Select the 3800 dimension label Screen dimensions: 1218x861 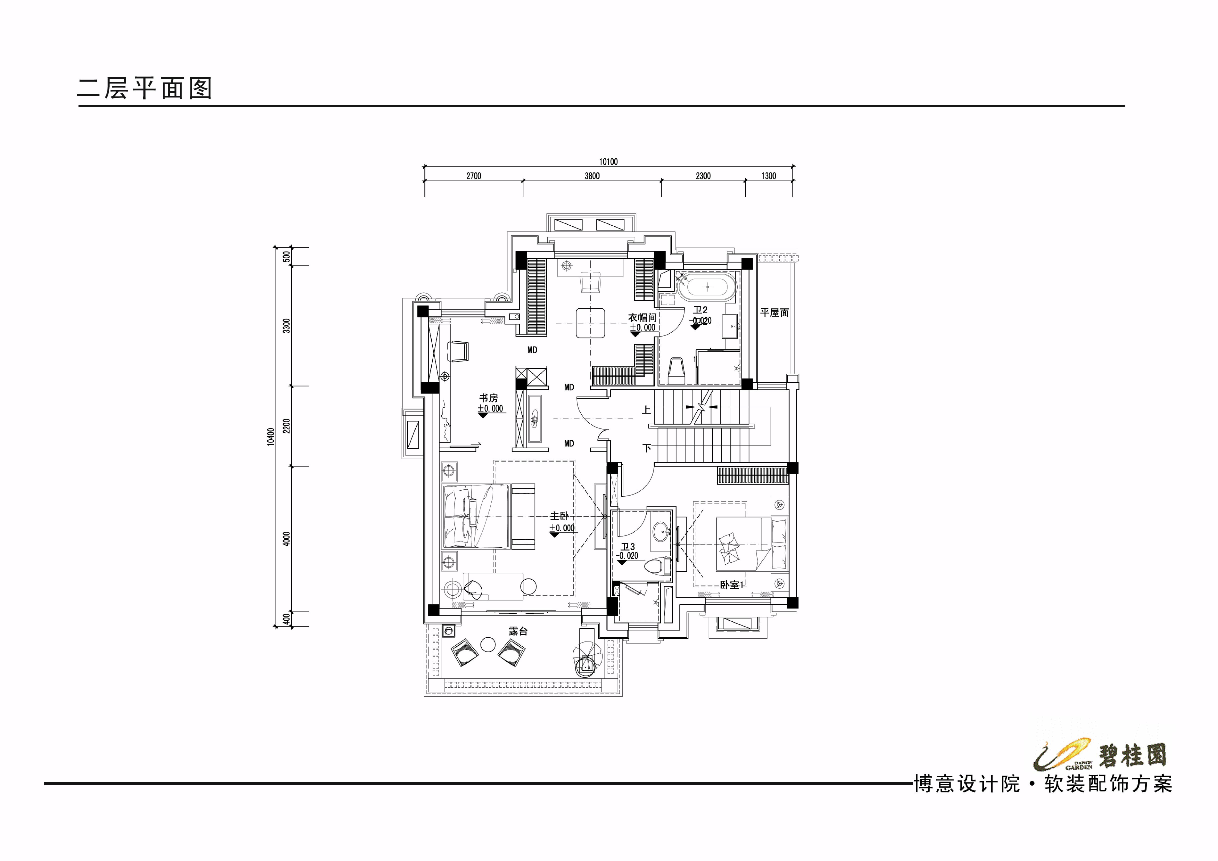592,176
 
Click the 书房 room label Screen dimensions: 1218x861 488,398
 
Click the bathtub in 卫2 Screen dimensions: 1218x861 708,287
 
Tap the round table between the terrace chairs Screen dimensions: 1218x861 487,644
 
